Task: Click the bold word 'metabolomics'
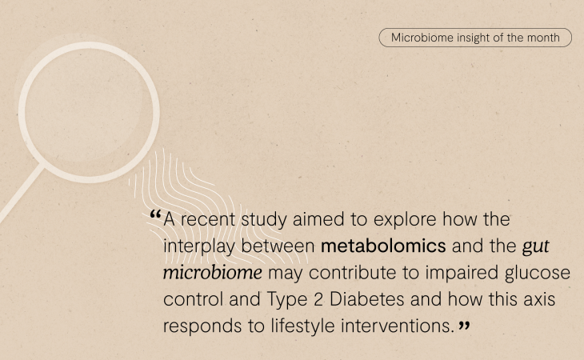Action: (383, 246)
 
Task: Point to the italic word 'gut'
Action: (535, 247)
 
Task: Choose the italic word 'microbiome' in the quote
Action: (213, 273)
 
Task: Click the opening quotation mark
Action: (155, 214)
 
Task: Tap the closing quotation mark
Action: (464, 326)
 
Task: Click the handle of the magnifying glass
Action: (22, 194)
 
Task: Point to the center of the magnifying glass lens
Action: (89, 113)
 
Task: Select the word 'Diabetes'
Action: (367, 299)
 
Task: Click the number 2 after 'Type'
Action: (318, 299)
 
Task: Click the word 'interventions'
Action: (398, 326)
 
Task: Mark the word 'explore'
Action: (405, 220)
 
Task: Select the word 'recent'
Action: (208, 220)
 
